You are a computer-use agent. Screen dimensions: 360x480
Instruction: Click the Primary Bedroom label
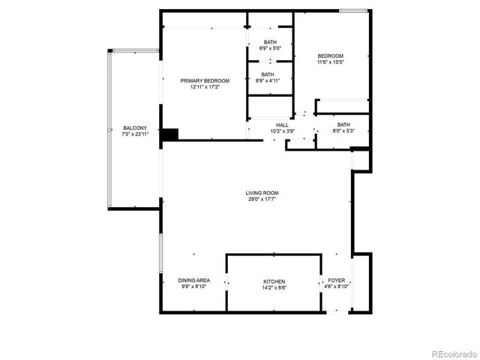204,80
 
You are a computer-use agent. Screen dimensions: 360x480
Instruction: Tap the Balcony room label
135,128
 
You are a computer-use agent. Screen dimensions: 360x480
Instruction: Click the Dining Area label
193,280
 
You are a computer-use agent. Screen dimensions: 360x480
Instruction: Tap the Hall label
282,124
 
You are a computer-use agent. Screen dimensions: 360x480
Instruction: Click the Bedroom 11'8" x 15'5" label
330,56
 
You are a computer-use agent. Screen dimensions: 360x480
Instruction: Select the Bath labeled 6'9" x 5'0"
270,42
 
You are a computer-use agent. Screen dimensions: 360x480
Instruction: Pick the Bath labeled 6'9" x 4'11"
270,74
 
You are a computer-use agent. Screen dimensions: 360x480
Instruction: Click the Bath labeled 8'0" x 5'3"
343,124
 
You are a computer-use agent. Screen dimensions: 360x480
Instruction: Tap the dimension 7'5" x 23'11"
135,134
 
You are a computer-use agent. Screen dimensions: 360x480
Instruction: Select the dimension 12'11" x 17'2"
204,87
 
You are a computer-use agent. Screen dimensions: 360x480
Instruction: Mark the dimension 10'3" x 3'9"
282,130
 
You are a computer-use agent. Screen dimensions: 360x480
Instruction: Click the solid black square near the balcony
171,134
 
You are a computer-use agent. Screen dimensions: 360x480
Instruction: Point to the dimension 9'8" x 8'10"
193,286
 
